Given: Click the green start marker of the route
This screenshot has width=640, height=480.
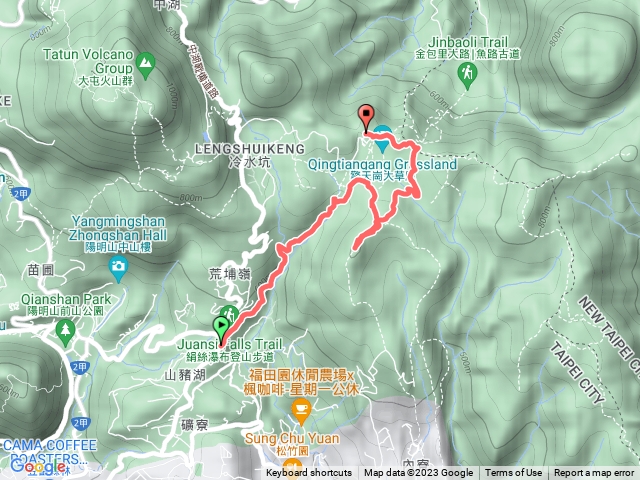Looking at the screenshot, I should click(x=221, y=326).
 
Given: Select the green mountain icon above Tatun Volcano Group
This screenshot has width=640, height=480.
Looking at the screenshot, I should click(x=146, y=67).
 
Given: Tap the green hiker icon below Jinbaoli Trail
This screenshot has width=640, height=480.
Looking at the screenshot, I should click(x=466, y=75).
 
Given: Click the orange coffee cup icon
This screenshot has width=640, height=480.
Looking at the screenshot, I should click(x=297, y=409).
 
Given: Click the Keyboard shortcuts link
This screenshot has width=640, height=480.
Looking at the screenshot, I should click(x=309, y=473).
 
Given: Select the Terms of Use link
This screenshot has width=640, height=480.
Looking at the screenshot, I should click(x=513, y=473).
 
